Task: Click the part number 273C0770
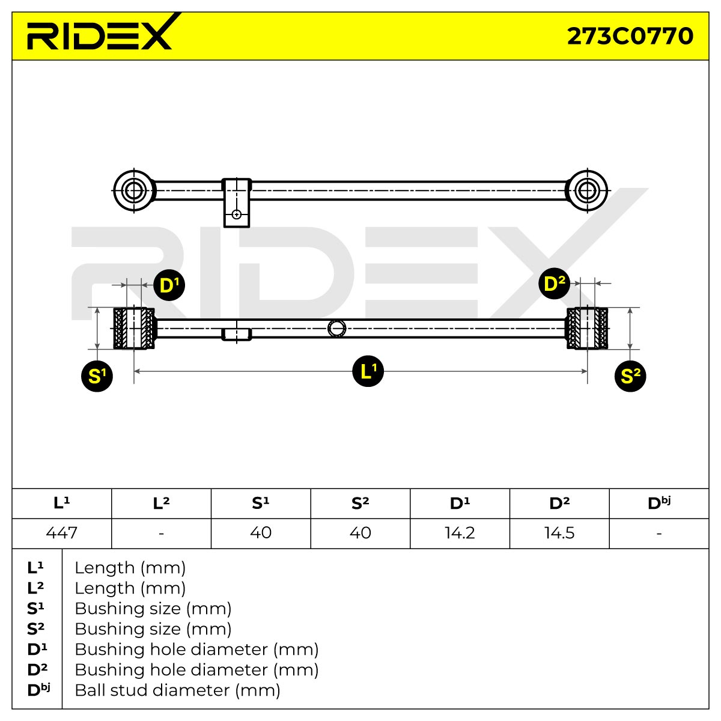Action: tap(630, 36)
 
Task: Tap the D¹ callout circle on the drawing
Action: tap(169, 285)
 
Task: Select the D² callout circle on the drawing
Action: tap(554, 283)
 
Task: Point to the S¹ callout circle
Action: tap(97, 376)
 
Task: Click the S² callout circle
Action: tap(630, 376)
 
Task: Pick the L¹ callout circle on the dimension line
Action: tap(368, 371)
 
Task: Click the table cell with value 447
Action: tap(62, 533)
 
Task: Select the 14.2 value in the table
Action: tap(460, 533)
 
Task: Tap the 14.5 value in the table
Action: tap(559, 533)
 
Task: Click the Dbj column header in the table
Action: tap(659, 503)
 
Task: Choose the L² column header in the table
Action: tap(161, 503)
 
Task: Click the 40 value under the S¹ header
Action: tap(261, 533)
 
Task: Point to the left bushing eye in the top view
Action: tap(134, 191)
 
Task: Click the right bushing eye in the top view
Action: tap(587, 191)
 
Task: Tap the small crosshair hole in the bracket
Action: tap(237, 214)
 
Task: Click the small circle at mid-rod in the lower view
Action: tap(336, 329)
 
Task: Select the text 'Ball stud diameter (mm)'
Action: tap(177, 690)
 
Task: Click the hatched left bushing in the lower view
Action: tap(134, 328)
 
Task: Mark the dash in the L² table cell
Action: tap(161, 533)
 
